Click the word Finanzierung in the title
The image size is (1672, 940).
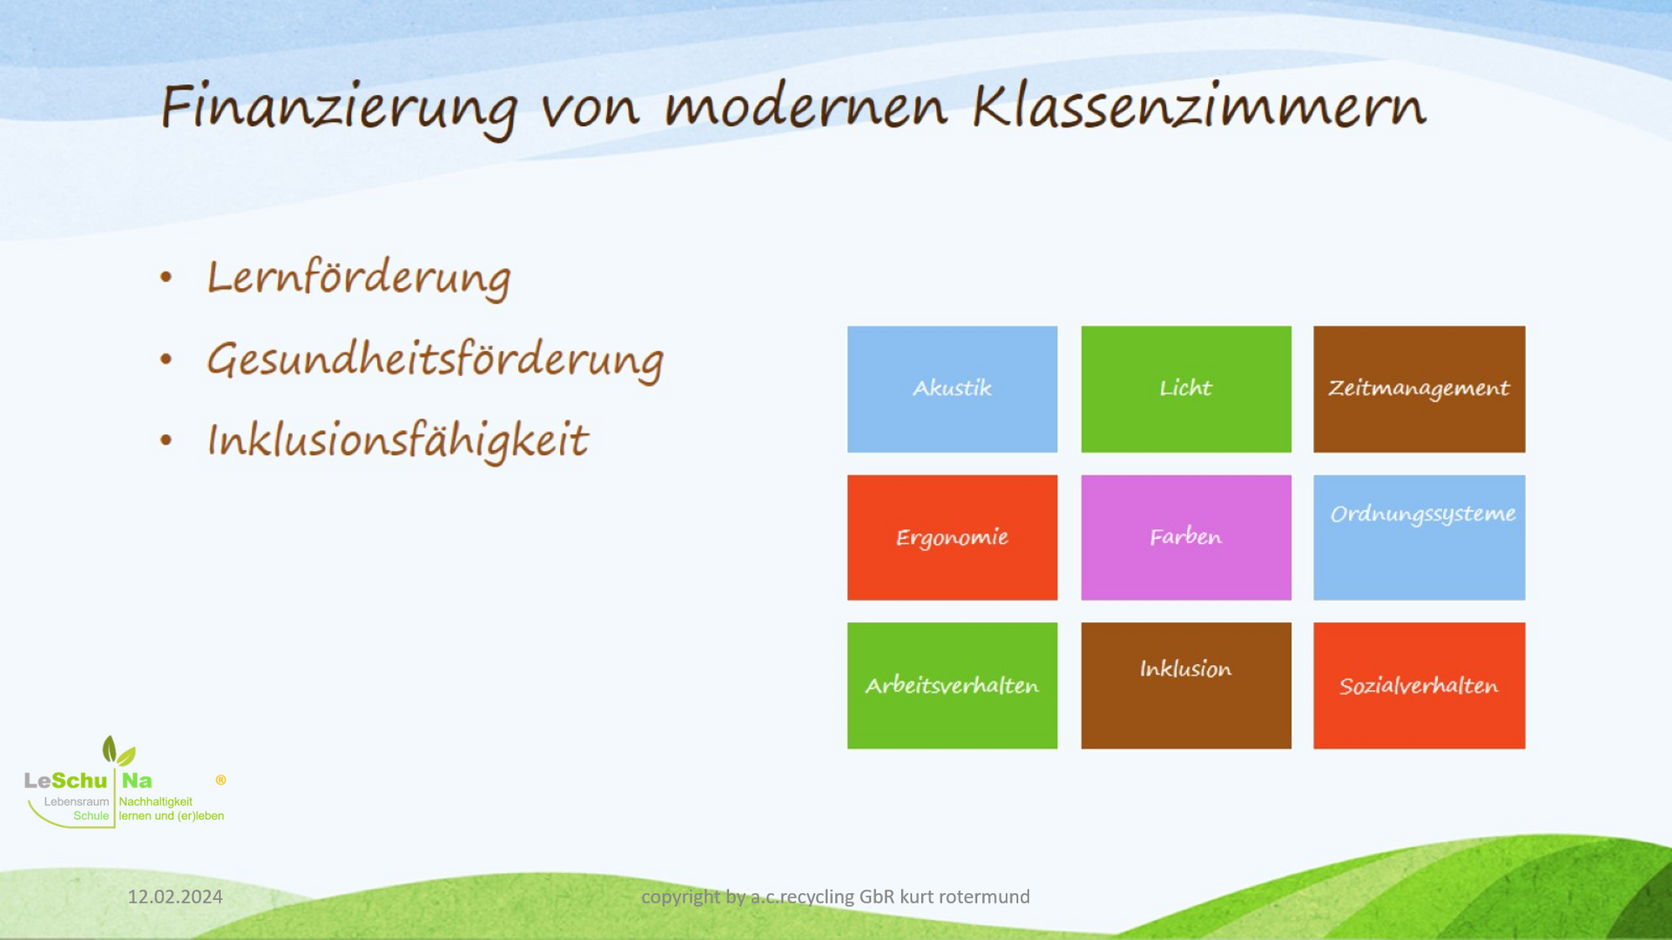click(x=340, y=108)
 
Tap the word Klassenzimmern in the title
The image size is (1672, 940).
click(x=1199, y=105)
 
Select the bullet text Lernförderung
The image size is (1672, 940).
click(x=359, y=279)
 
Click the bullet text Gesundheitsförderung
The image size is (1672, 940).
click(x=435, y=359)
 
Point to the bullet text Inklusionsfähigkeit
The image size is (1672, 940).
click(x=398, y=440)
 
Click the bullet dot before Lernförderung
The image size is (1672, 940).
click(x=166, y=278)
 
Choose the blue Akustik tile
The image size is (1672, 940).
click(x=952, y=389)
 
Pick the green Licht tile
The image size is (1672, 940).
click(x=1186, y=389)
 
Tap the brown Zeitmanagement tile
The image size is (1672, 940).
click(x=1419, y=389)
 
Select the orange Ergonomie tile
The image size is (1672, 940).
click(x=952, y=537)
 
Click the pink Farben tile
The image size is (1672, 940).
click(x=1186, y=537)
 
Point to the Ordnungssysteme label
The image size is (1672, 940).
click(x=1423, y=514)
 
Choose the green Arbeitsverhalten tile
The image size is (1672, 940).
click(x=952, y=685)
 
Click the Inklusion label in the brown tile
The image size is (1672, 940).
click(x=1186, y=668)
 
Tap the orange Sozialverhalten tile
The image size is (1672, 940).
click(x=1419, y=685)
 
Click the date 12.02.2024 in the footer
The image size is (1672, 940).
click(x=175, y=896)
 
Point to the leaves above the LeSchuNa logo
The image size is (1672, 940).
click(x=118, y=750)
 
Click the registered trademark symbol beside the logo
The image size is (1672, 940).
click(x=221, y=780)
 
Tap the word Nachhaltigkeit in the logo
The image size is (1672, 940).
click(x=156, y=802)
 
